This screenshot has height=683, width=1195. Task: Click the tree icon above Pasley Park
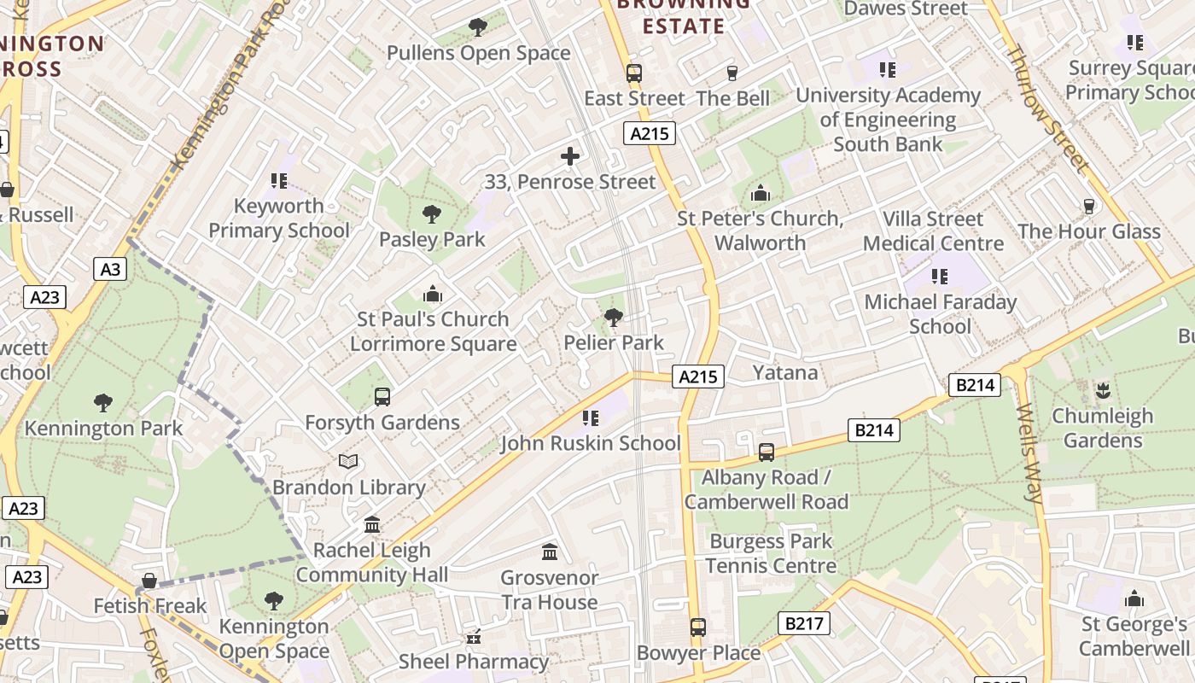tap(432, 213)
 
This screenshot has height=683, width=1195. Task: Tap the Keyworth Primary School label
tap(279, 219)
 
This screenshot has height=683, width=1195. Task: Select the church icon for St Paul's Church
tap(433, 295)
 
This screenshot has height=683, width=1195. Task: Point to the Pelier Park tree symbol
tap(613, 318)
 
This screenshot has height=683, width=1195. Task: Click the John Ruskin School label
tap(591, 443)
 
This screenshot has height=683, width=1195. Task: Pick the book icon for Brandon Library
tap(348, 462)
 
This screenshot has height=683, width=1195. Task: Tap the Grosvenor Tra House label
tap(549, 590)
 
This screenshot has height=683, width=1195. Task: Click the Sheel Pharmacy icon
tap(474, 637)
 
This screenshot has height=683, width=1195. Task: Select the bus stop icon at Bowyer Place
tap(698, 628)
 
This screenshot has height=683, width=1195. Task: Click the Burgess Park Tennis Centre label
tap(771, 553)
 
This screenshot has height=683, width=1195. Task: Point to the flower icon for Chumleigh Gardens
tap(1102, 391)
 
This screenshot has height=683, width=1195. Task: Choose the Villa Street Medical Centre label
tap(933, 231)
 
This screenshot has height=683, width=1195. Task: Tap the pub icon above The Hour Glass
tap(1088, 206)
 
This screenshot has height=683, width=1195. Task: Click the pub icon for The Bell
tap(732, 73)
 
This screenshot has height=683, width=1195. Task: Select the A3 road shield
tap(110, 270)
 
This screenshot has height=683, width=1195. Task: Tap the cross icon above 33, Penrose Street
tap(570, 156)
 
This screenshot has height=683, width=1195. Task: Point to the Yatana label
tap(785, 373)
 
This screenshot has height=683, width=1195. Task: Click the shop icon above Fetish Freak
tap(150, 581)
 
